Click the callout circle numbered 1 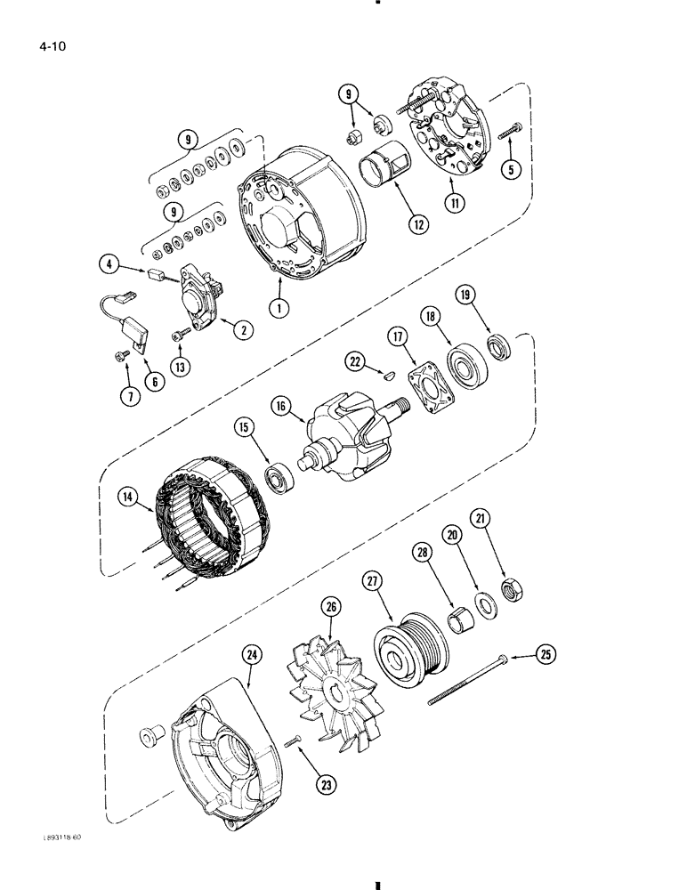(x=281, y=308)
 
